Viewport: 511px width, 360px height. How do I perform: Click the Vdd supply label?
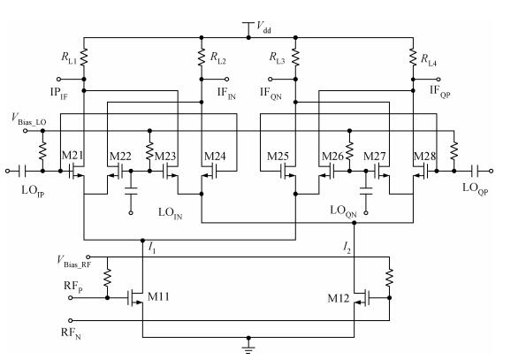pyautogui.click(x=264, y=27)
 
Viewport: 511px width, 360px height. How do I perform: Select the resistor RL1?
pyautogui.click(x=84, y=57)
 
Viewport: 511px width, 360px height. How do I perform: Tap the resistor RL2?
pyautogui.click(x=202, y=57)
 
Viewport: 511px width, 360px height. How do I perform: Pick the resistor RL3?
pyautogui.click(x=295, y=57)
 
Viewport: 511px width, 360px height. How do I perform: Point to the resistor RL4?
pyautogui.click(x=413, y=57)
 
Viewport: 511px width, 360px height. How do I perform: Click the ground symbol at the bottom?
pyautogui.click(x=248, y=349)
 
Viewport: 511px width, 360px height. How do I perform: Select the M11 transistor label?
pyautogui.click(x=158, y=296)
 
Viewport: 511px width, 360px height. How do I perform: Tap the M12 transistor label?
pyautogui.click(x=339, y=298)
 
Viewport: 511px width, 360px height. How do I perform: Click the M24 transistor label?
pyautogui.click(x=215, y=157)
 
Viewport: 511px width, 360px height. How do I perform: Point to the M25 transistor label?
pyautogui.click(x=278, y=157)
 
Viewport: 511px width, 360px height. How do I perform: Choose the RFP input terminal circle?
pyautogui.click(x=70, y=297)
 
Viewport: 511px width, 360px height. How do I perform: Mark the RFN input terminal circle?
pyautogui.click(x=70, y=320)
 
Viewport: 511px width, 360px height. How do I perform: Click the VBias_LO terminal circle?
pyautogui.click(x=25, y=131)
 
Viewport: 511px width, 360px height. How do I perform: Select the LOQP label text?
pyautogui.click(x=475, y=188)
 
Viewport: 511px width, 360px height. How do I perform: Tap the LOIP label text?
pyautogui.click(x=33, y=191)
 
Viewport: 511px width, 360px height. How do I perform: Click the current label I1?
pyautogui.click(x=151, y=248)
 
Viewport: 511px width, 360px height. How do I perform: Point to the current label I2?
pyautogui.click(x=347, y=248)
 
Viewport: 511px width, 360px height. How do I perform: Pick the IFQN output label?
pyautogui.click(x=271, y=93)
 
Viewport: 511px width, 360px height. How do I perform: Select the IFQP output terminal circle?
pyautogui.click(x=439, y=80)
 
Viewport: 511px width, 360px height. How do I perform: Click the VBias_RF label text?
pyautogui.click(x=73, y=262)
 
